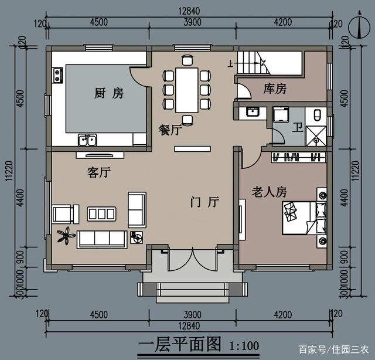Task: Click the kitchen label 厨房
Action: tap(109, 93)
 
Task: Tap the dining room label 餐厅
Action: tap(170, 130)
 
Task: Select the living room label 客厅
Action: tap(99, 172)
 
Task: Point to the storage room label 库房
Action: tap(275, 89)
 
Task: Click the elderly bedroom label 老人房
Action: tap(269, 192)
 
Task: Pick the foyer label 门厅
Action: tap(205, 202)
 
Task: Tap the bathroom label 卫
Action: tap(298, 127)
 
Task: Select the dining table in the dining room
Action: tap(187, 90)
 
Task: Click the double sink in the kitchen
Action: tap(87, 140)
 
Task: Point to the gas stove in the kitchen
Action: tap(57, 76)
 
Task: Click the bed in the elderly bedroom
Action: tap(304, 218)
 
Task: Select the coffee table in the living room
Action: tap(101, 214)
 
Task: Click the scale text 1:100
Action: tap(244, 346)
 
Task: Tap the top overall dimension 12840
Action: tap(189, 11)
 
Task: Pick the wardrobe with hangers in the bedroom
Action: tap(299, 157)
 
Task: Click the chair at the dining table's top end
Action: tap(187, 60)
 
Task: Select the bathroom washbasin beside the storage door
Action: tap(253, 112)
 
